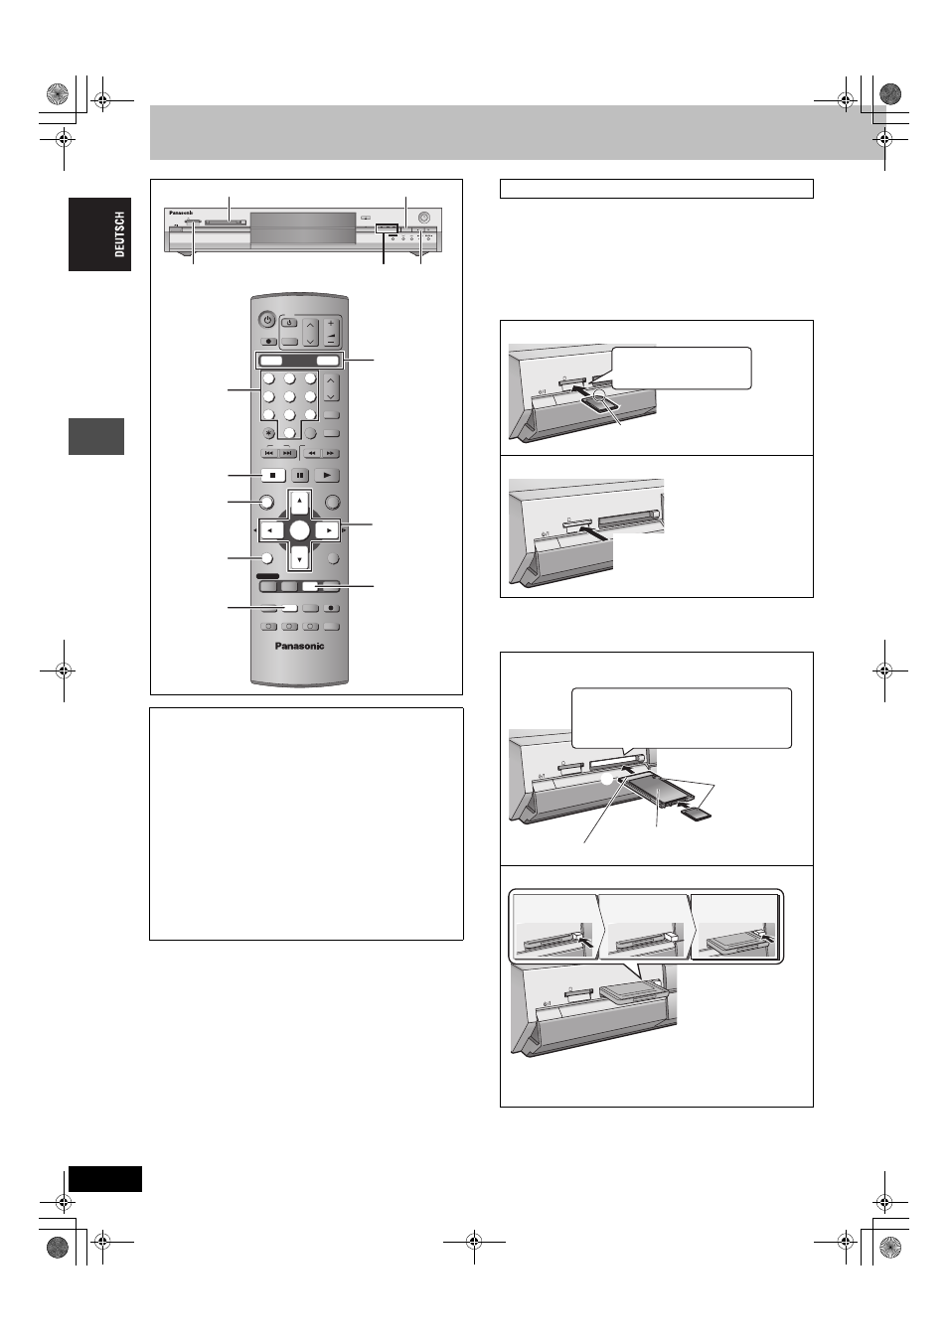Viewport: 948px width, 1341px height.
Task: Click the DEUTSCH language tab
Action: (99, 234)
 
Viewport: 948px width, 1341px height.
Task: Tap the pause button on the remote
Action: (300, 476)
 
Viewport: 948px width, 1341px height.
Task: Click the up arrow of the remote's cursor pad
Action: (299, 501)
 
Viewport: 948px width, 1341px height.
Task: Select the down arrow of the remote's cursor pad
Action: (299, 559)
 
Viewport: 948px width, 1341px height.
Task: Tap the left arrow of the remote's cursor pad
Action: (271, 530)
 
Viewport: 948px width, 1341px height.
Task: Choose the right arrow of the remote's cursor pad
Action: (328, 530)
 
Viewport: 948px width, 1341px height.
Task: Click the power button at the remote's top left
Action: (267, 320)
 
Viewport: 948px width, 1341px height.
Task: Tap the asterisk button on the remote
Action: (268, 433)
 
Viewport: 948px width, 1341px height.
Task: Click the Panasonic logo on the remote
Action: (299, 646)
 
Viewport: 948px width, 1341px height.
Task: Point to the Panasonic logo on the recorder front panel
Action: (181, 213)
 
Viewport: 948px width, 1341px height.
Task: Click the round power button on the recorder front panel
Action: (424, 217)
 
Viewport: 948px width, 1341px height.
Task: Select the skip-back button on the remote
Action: (269, 454)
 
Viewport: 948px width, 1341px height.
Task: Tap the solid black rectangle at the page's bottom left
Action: (105, 1179)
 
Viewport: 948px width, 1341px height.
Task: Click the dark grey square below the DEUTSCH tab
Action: (96, 436)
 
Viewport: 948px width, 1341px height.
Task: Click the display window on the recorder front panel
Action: (303, 227)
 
